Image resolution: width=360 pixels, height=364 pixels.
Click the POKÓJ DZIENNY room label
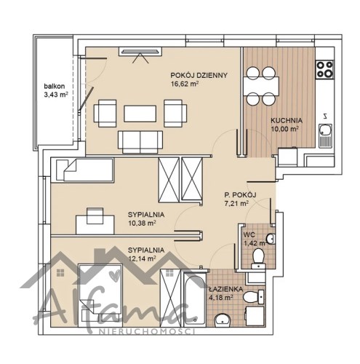click(x=199, y=75)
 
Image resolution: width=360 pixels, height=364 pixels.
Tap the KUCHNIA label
click(x=287, y=120)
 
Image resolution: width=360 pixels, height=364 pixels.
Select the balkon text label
click(x=55, y=86)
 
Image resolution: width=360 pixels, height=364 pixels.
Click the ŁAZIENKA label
click(x=225, y=289)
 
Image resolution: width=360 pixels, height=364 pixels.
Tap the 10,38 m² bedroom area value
click(x=142, y=223)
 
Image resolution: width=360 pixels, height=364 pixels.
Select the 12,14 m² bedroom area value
click(x=142, y=258)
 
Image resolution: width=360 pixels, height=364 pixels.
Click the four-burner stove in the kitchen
click(x=325, y=69)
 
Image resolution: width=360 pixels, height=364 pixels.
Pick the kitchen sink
click(x=325, y=135)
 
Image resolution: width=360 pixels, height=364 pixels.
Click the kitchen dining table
click(x=261, y=86)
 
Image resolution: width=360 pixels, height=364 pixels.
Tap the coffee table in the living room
click(x=140, y=114)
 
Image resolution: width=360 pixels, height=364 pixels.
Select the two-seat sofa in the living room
click(x=140, y=142)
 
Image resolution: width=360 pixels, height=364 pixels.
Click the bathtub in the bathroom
click(x=195, y=299)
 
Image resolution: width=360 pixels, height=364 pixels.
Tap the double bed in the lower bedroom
click(x=100, y=293)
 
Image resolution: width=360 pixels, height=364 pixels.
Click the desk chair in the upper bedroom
click(x=95, y=215)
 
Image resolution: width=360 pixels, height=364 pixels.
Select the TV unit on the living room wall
click(x=140, y=52)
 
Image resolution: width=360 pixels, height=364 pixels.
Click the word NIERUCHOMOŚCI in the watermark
click(x=147, y=331)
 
